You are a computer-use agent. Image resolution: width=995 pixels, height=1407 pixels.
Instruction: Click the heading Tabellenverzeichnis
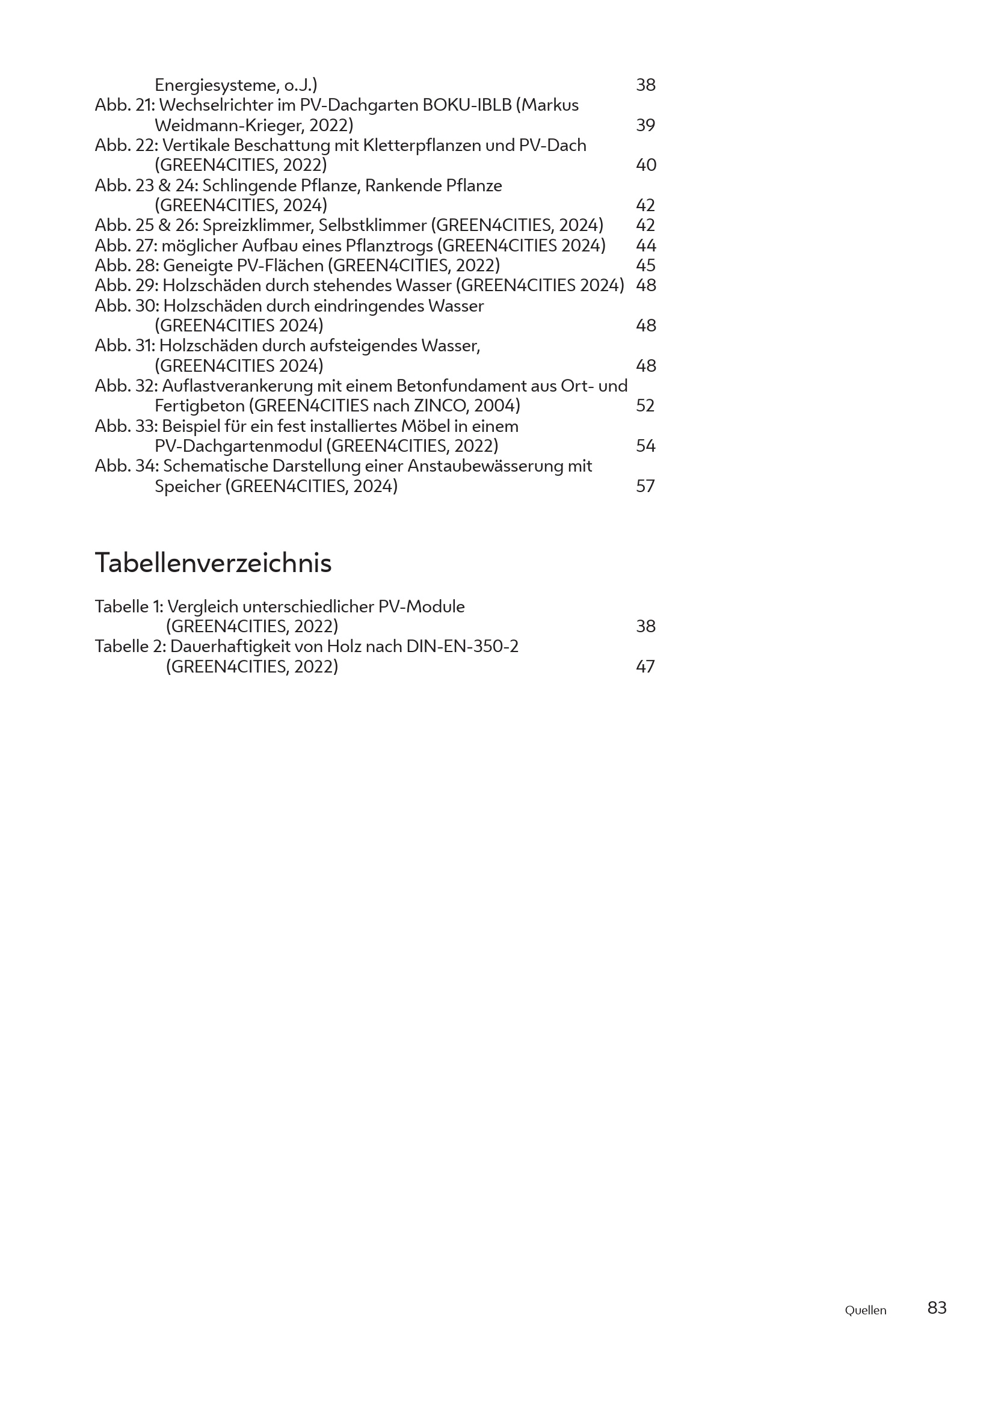click(212, 562)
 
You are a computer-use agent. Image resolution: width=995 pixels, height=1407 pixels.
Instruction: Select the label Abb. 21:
click(125, 105)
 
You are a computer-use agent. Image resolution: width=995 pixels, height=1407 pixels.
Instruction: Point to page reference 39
click(645, 125)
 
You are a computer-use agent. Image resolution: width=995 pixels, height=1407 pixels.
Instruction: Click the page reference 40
click(645, 165)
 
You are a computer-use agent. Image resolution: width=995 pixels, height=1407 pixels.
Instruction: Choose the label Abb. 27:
click(126, 246)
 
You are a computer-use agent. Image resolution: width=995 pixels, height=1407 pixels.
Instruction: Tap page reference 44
click(645, 246)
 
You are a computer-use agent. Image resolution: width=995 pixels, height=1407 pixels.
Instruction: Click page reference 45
click(645, 265)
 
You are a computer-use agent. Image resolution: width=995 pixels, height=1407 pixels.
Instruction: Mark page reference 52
click(645, 405)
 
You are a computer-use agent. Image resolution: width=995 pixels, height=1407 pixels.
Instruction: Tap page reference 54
click(645, 446)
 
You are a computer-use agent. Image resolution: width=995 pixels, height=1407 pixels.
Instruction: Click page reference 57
click(645, 486)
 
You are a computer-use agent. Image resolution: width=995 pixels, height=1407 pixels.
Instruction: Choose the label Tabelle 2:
click(131, 647)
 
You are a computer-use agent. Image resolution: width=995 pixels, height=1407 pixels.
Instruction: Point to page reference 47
click(645, 666)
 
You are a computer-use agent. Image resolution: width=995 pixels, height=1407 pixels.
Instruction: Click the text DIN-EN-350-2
click(462, 647)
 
